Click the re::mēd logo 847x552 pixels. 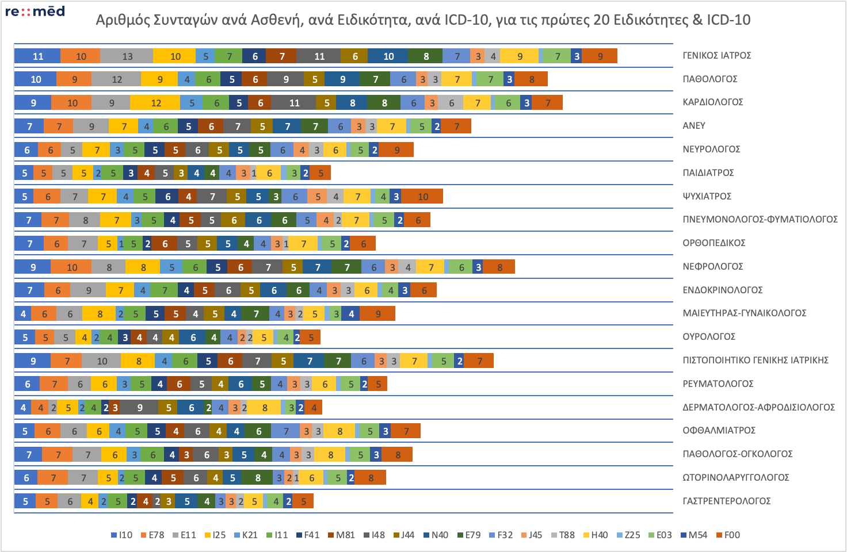coord(35,11)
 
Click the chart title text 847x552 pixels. coord(423,20)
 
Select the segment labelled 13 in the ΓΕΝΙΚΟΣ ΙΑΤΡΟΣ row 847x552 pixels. coord(127,56)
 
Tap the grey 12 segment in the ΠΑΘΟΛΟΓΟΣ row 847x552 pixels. coord(117,79)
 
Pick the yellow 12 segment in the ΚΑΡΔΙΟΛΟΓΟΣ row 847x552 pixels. coord(156,103)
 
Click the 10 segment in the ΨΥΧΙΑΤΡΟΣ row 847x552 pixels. coord(422,197)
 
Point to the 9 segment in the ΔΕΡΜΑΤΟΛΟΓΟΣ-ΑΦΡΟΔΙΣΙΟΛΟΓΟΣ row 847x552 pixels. coord(139,408)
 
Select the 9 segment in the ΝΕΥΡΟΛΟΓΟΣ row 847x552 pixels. coord(397,150)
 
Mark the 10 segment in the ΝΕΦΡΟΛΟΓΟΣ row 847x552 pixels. coord(71,267)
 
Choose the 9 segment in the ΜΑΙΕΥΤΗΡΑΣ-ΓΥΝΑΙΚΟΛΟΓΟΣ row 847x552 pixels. coord(378,314)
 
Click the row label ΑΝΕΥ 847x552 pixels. coord(694,126)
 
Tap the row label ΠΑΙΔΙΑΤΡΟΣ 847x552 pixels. coord(708,172)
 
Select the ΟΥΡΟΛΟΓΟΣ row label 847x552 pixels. coord(709,337)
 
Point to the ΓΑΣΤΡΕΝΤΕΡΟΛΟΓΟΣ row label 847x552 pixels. coord(726,501)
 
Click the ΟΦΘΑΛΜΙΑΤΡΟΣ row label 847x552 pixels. coord(719,431)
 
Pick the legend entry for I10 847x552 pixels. coord(121,535)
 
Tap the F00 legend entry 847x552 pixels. coord(728,535)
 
